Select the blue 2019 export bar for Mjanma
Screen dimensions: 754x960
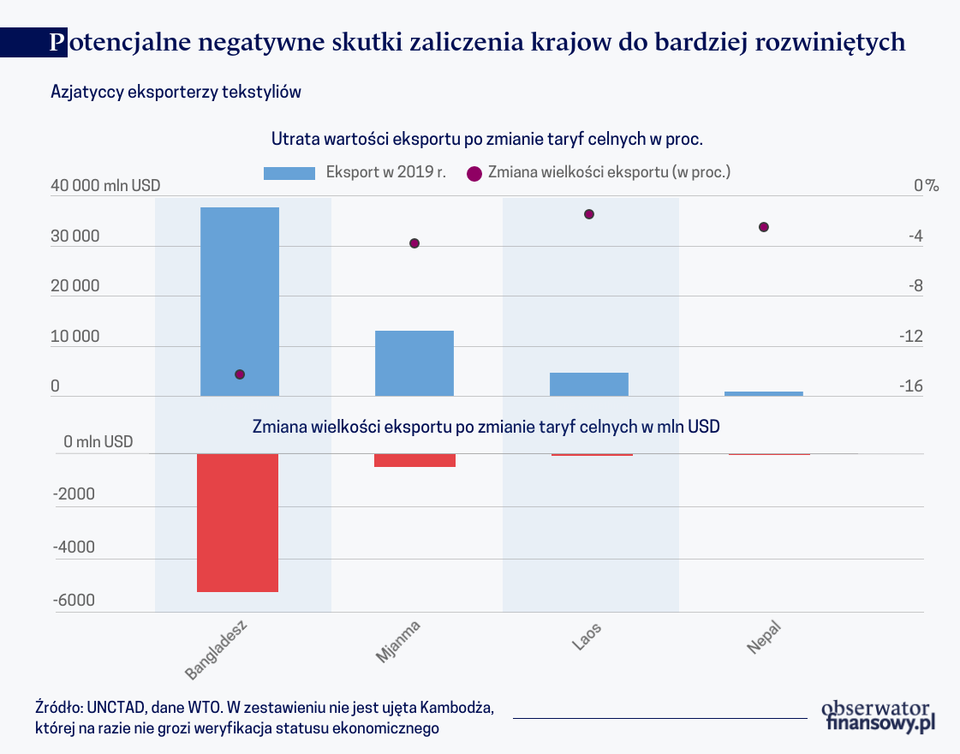[414, 363]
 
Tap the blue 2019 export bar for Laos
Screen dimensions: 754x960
[589, 384]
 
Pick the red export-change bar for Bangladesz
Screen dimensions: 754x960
[238, 522]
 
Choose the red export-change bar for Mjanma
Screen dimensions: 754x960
[414, 460]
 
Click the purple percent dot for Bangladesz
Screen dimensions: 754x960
[240, 374]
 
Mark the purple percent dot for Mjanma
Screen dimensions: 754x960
[414, 243]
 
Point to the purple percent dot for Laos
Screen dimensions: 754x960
[589, 214]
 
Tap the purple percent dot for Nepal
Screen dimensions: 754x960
[764, 227]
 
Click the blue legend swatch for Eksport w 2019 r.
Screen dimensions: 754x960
[289, 172]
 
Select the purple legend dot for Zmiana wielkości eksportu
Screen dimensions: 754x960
[473, 172]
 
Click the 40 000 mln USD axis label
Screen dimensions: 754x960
[105, 186]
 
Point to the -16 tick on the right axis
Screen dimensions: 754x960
[910, 386]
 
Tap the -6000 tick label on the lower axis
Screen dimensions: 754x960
[75, 601]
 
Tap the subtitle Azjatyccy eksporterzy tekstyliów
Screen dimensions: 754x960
[176, 92]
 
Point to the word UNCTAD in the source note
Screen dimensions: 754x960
[117, 709]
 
